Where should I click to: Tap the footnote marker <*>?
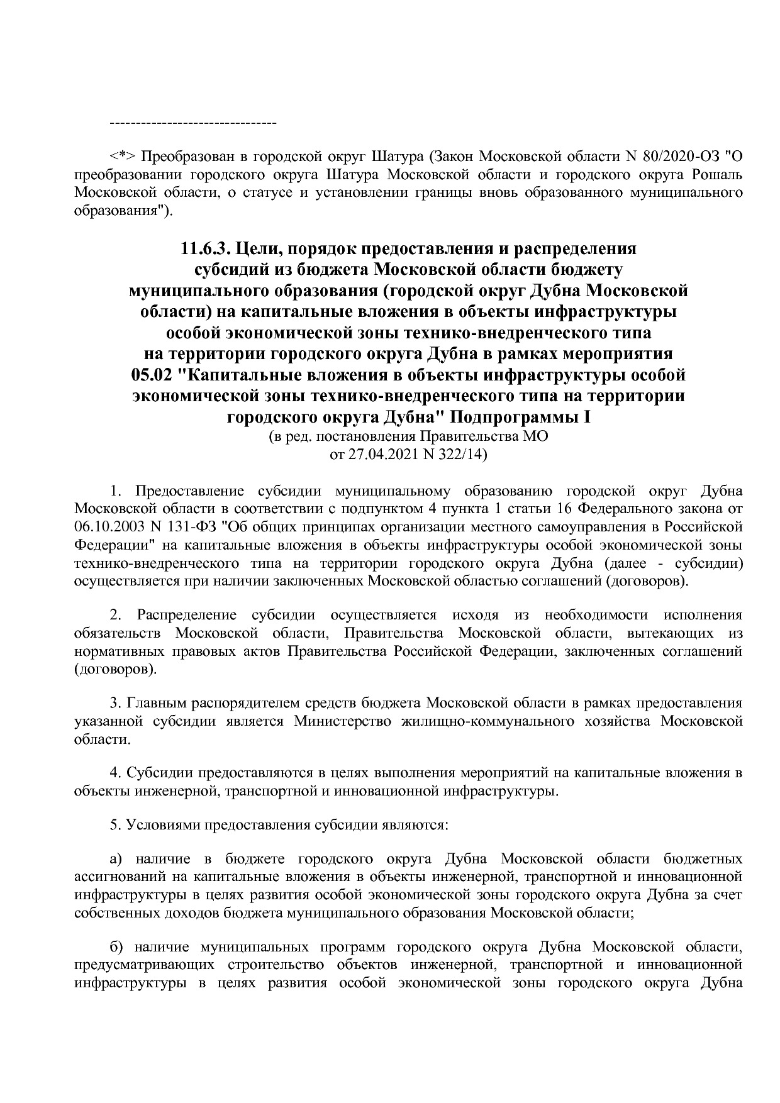pyautogui.click(x=123, y=155)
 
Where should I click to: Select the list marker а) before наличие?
pyautogui.click(x=116, y=859)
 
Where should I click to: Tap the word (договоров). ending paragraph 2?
pyautogui.click(x=116, y=670)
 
